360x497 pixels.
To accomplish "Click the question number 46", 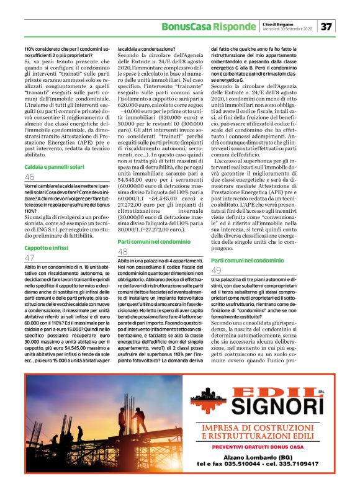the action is point(30,177).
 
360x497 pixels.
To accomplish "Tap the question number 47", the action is point(30,257).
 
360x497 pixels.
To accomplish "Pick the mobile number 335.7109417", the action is point(297,463).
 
